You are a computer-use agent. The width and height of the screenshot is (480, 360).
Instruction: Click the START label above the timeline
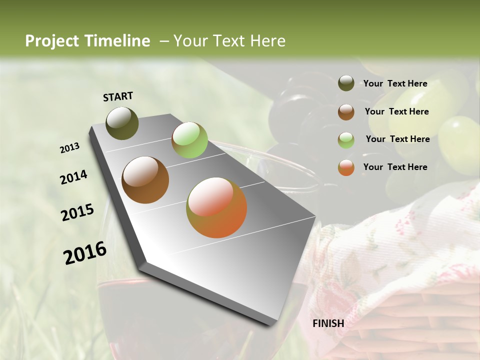point(118,96)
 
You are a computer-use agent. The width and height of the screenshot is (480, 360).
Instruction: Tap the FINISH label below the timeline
point(328,323)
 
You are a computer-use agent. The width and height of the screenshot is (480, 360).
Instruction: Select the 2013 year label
point(70,148)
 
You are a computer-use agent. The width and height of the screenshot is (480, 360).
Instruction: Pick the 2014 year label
point(73,177)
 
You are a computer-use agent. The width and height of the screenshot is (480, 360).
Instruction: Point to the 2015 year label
point(77,212)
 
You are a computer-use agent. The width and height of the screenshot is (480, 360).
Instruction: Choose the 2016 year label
point(85,253)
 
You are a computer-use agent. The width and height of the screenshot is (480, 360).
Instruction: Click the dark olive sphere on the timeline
point(122,123)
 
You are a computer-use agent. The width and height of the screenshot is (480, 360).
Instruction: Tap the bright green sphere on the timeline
point(189,140)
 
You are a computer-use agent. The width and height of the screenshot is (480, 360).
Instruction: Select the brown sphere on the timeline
point(145,180)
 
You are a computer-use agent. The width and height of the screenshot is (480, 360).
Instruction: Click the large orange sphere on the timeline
point(216,207)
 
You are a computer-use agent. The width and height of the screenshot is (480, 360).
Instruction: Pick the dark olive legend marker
point(346,83)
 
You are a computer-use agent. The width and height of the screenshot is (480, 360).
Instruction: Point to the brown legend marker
point(346,112)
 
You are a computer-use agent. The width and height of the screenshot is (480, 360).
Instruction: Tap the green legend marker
point(346,140)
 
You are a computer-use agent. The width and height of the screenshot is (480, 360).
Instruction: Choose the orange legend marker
point(346,167)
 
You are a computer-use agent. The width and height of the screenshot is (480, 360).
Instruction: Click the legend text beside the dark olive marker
point(395,83)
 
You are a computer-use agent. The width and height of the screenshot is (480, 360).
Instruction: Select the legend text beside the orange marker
point(395,167)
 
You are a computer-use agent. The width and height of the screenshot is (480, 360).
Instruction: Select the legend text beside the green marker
point(397,139)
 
